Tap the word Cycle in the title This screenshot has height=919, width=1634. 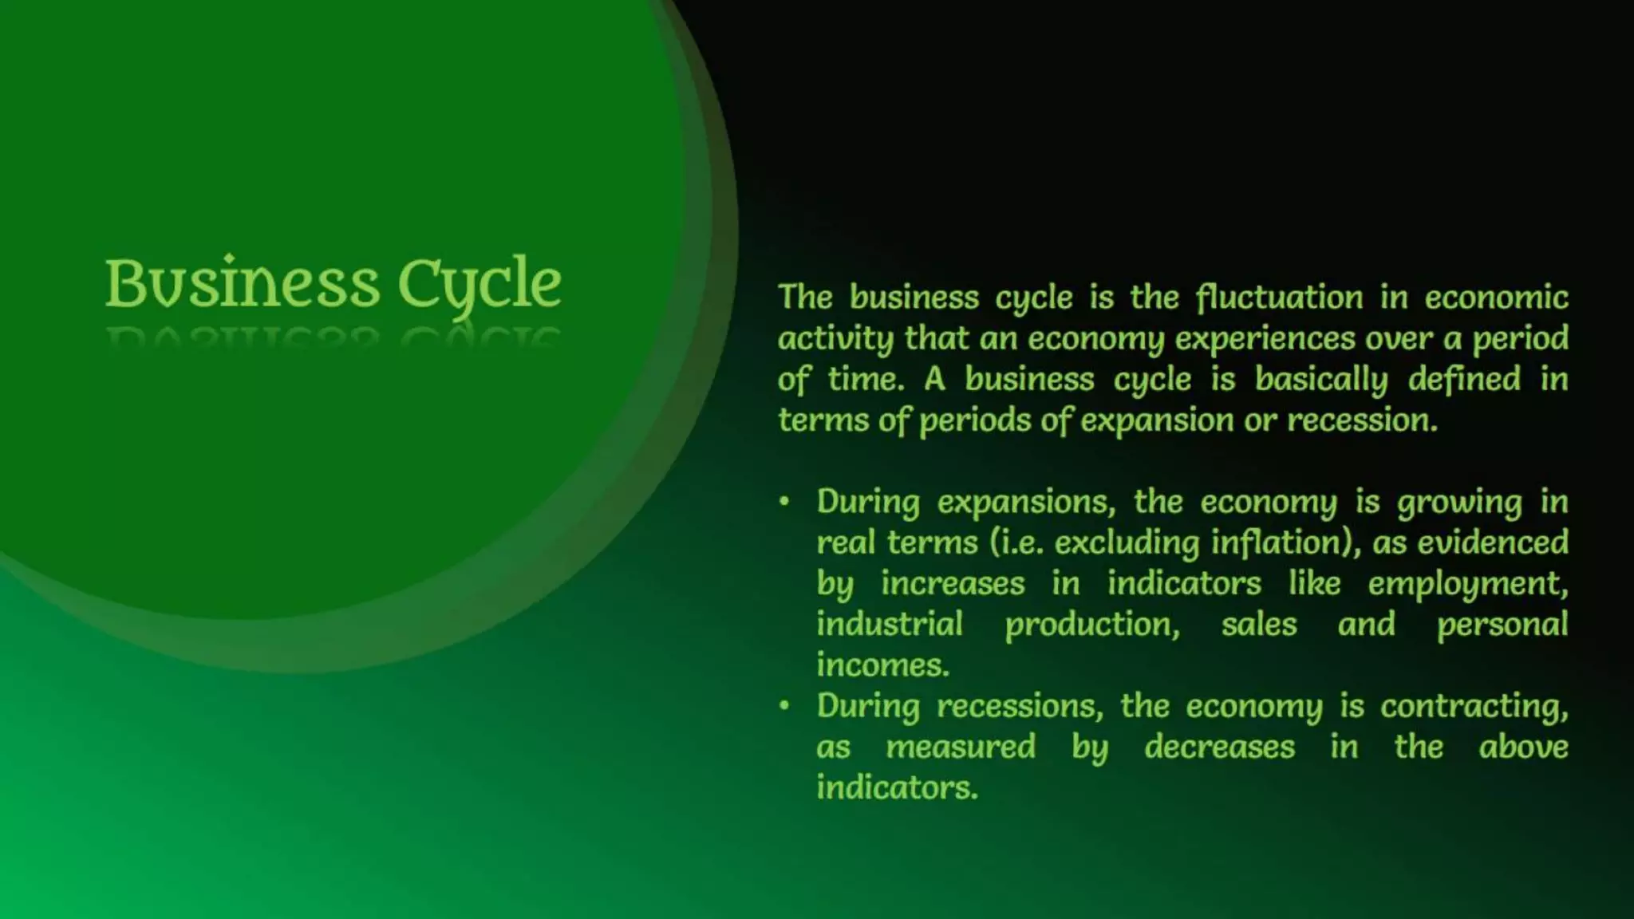[x=480, y=284]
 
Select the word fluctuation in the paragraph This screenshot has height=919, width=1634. [x=1279, y=298]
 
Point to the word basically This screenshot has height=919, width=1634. [x=1320, y=380]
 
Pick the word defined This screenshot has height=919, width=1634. [x=1464, y=380]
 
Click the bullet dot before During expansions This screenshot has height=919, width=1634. [x=784, y=501]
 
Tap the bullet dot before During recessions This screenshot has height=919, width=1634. [x=784, y=705]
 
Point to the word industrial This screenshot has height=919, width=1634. [x=890, y=625]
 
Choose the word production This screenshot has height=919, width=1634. [x=1091, y=625]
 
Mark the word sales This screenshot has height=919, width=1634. [x=1259, y=625]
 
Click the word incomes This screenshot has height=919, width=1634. [x=882, y=665]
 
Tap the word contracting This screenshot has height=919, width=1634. [x=1474, y=707]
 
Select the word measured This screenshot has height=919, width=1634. [x=961, y=747]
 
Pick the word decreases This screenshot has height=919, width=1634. [x=1219, y=747]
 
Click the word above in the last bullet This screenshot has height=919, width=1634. [x=1523, y=747]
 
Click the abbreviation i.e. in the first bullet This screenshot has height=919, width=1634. [x=1016, y=543]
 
